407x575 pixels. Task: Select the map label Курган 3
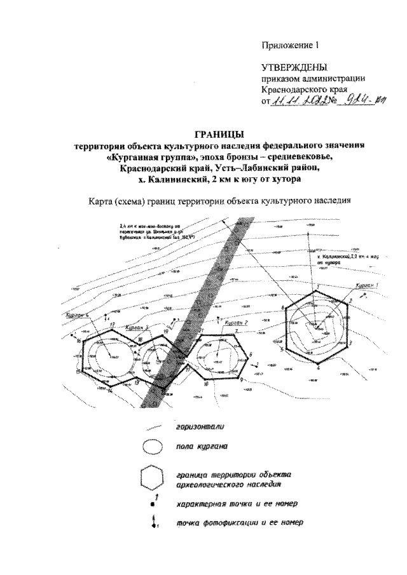click(137, 327)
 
